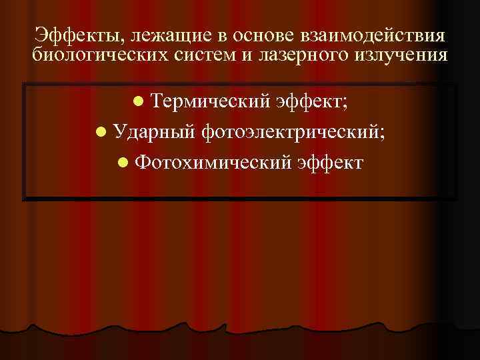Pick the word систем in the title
point(203,55)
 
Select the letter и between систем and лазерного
point(244,56)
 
